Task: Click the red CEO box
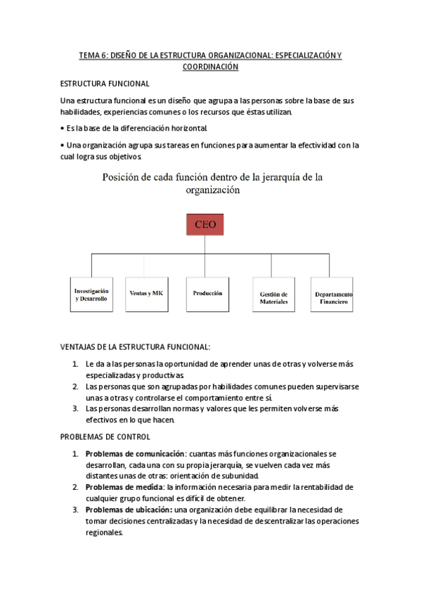click(x=204, y=225)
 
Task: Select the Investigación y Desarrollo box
click(x=91, y=294)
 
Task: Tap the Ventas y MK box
click(x=145, y=292)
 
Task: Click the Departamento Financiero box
click(x=330, y=297)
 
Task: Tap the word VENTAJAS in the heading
click(x=83, y=347)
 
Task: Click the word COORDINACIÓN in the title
click(x=210, y=67)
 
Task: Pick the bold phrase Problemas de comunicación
click(x=130, y=454)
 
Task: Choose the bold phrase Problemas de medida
click(x=123, y=486)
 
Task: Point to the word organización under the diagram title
click(x=211, y=190)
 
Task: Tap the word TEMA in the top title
click(x=89, y=55)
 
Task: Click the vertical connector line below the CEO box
click(x=204, y=243)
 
